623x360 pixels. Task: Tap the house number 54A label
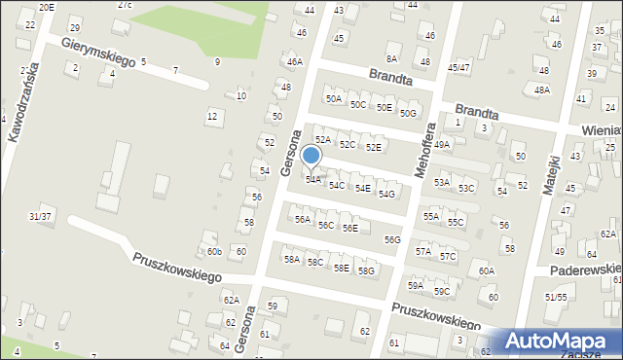coord(313,179)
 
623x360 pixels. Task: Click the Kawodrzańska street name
coord(24,102)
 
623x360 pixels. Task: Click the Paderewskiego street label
coord(585,269)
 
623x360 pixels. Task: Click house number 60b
coord(213,252)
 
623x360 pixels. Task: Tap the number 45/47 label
coord(458,67)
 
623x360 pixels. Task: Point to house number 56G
coord(392,239)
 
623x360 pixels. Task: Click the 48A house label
coord(541,90)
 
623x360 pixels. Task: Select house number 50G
coord(408,113)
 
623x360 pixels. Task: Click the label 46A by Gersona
coord(294,61)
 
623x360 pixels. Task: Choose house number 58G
coord(366,270)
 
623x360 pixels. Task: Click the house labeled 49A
coord(442,144)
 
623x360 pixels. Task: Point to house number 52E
coord(373,147)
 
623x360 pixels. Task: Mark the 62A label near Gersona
coord(231,301)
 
